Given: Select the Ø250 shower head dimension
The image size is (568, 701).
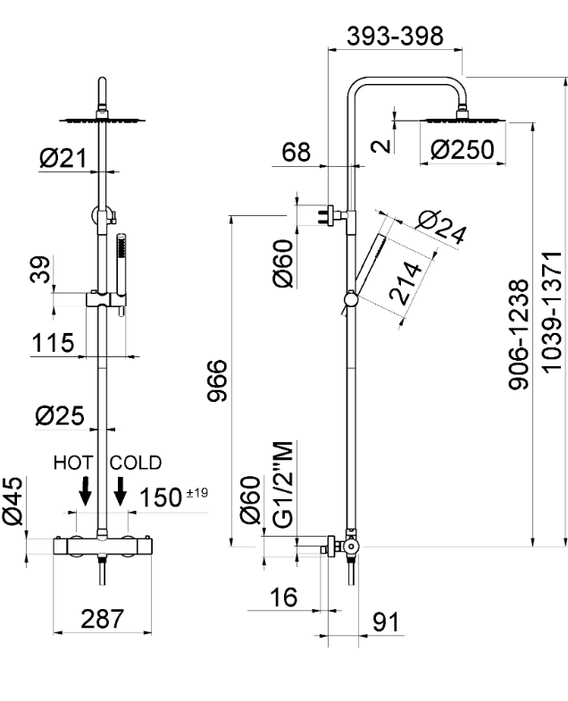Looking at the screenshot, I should (461, 150).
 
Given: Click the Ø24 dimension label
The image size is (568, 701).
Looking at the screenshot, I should (441, 228).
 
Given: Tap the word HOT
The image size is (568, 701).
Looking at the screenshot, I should (75, 463).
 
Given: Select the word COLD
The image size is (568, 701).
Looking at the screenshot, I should (137, 463).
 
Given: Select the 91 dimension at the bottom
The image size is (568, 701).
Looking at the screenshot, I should (387, 621).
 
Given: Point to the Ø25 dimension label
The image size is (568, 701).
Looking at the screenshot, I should (60, 414).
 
